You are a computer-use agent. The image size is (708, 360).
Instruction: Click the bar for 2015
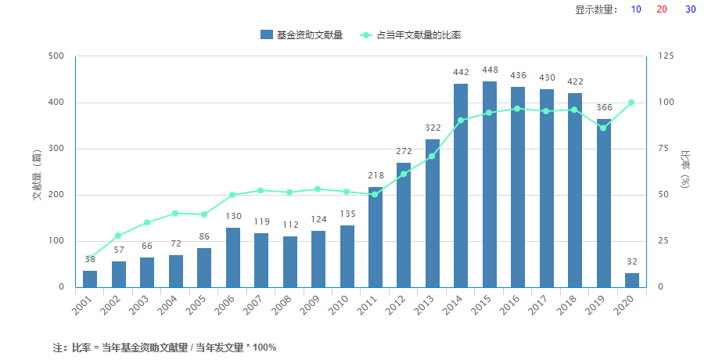point(490,184)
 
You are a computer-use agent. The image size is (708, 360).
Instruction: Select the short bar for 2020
point(632,280)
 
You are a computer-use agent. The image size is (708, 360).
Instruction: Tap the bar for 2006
point(232,257)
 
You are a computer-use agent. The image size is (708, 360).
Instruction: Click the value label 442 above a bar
point(462,73)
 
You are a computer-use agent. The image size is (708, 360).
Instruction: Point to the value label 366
point(604,108)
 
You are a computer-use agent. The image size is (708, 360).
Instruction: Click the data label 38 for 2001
point(90,259)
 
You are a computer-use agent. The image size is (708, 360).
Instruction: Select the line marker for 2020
point(631,103)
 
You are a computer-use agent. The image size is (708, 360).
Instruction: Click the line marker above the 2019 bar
point(603,128)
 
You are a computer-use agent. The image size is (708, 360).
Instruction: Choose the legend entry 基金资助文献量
point(302,34)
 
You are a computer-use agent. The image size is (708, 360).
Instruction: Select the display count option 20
point(662,9)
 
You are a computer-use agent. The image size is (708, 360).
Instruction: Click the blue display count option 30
point(691,9)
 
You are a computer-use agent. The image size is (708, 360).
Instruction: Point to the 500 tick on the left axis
point(56,56)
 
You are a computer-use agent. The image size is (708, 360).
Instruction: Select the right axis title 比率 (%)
point(685,170)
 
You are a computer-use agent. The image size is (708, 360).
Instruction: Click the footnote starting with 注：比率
point(164,347)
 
